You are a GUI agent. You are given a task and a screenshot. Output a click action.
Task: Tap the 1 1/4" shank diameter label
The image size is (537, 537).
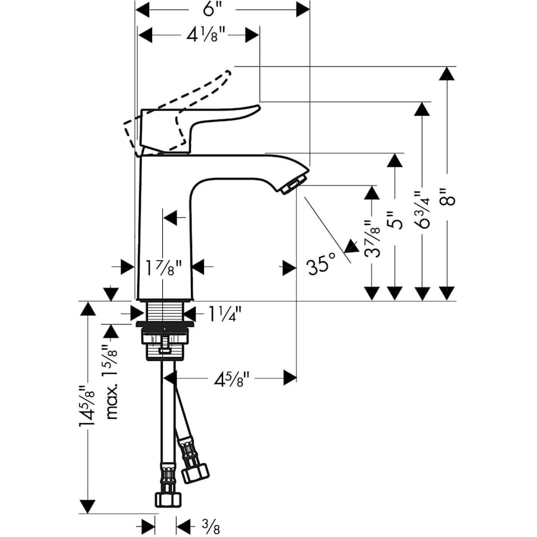click(x=225, y=311)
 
